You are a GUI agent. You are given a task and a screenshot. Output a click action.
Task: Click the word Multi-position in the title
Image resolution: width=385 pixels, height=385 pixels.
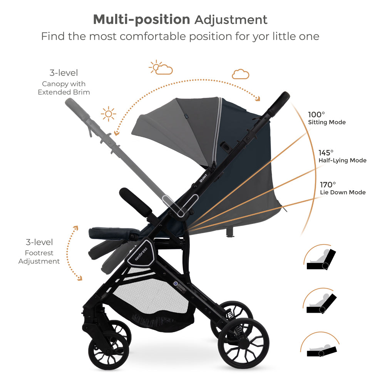(141, 19)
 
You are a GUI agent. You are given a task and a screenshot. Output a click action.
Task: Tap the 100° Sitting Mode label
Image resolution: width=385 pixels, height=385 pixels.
(326, 118)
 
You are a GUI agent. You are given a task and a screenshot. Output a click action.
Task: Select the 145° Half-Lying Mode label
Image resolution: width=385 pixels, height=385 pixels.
(342, 156)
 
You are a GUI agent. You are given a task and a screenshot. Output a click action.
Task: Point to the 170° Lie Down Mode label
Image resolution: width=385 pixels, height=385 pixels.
(343, 188)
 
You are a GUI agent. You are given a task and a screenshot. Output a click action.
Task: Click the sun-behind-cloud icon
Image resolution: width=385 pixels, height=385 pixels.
(161, 68)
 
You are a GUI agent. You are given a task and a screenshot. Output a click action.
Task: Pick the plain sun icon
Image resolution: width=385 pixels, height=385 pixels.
(109, 114)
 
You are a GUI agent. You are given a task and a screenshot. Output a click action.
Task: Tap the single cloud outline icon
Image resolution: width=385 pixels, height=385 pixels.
(241, 74)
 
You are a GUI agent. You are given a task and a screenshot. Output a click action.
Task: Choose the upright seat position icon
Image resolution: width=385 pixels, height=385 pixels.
(321, 258)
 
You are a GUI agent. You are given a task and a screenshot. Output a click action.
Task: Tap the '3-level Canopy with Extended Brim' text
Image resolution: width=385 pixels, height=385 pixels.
(64, 82)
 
